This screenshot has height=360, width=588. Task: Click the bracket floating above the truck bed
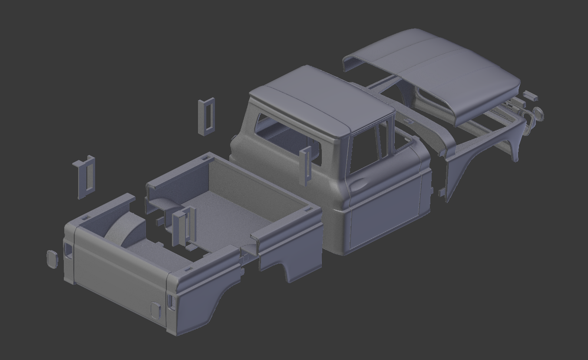(206, 116)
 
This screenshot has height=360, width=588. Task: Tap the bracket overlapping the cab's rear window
(306, 165)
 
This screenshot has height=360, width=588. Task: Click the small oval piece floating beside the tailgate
(52, 259)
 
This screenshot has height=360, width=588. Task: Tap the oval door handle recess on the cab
(358, 184)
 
